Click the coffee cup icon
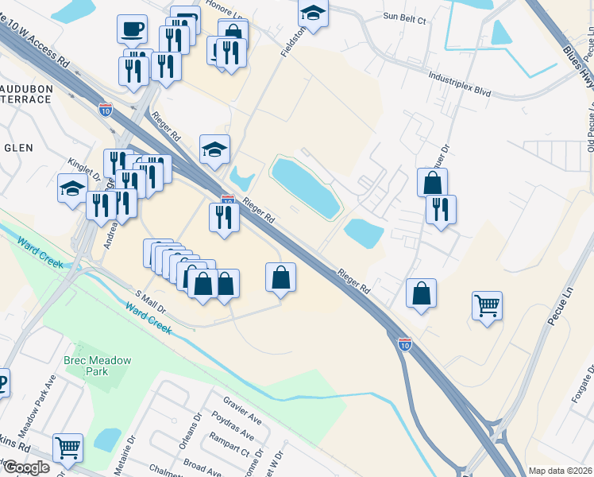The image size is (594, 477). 131,29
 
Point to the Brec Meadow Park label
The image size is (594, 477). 98,366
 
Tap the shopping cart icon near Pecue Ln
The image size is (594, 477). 487,304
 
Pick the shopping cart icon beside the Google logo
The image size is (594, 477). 67,448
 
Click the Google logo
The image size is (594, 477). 26,467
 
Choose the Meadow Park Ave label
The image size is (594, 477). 37,421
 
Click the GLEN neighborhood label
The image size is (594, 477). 17,148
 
